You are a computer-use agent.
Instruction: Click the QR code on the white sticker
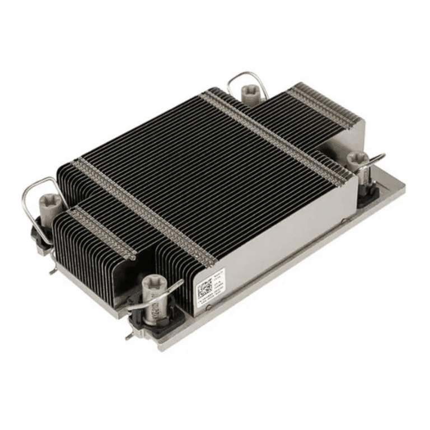204,289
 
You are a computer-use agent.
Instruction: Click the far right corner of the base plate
403,188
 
